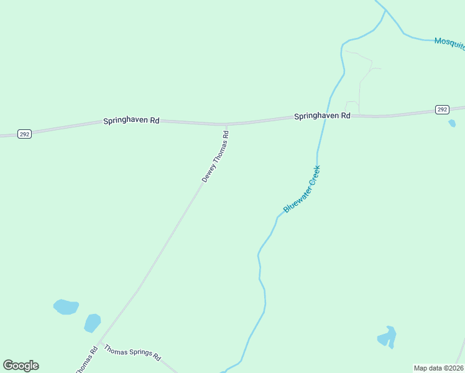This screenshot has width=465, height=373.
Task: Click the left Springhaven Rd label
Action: coord(131,121)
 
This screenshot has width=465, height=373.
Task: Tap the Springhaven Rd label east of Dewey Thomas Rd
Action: coord(322,116)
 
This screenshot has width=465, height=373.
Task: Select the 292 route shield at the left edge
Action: coord(24,134)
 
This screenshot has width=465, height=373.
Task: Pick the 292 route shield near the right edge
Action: coord(441,109)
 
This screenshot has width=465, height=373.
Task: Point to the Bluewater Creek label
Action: coord(302,189)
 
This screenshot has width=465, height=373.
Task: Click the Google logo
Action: coord(21,366)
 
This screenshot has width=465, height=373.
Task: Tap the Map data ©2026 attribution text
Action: coord(438,368)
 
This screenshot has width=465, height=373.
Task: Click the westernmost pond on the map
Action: coord(66,306)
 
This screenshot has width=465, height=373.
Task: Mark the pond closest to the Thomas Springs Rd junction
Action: coord(92,323)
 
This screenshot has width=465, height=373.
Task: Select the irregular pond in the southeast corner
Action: coord(387,337)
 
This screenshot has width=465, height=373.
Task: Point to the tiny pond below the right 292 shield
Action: coord(452,123)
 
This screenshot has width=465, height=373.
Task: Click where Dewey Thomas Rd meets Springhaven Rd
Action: coord(226,124)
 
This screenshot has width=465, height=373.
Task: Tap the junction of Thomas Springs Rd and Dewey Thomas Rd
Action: coord(99,343)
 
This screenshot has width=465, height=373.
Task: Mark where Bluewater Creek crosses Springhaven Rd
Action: coord(324,116)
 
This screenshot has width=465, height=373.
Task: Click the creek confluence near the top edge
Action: coord(386,11)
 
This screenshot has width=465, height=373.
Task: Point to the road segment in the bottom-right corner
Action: coord(460,352)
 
